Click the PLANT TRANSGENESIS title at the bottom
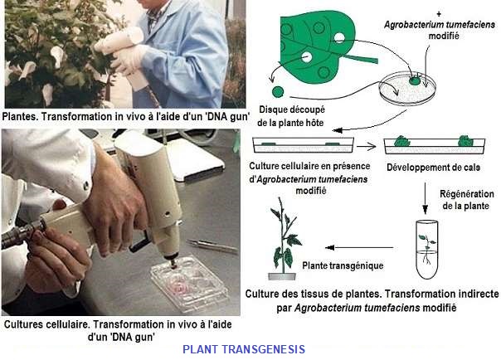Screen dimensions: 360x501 point(243,349)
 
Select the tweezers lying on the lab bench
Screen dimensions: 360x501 point(207,244)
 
